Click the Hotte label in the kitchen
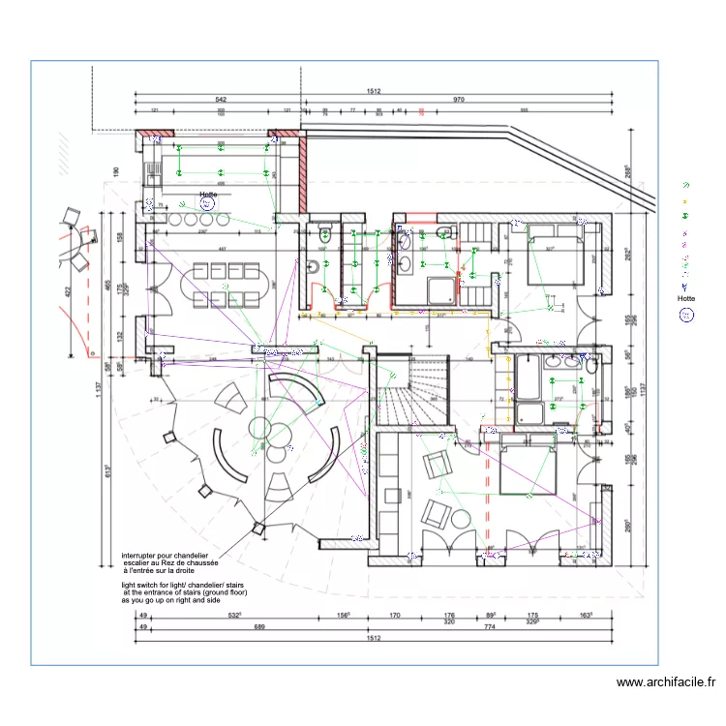(207, 194)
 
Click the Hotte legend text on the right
(685, 298)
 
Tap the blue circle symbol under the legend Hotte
(686, 316)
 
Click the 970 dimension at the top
(458, 100)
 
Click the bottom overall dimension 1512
(373, 638)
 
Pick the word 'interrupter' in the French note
(143, 557)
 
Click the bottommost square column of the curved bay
(258, 529)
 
